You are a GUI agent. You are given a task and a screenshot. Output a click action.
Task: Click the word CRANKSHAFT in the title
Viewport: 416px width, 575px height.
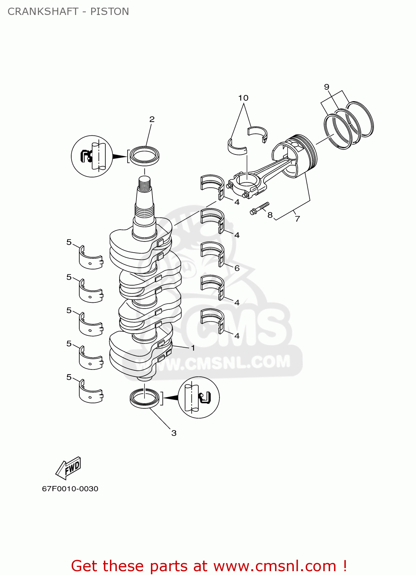pyautogui.click(x=43, y=11)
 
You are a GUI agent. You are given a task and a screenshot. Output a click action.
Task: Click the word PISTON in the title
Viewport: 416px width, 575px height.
pyautogui.click(x=110, y=11)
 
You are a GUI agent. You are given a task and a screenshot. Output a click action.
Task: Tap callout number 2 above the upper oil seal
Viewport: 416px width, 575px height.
pyautogui.click(x=152, y=119)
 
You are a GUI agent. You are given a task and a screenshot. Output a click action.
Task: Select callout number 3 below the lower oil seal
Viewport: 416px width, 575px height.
pyautogui.click(x=174, y=433)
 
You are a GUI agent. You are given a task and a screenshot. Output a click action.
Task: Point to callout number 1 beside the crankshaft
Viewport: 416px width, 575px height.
pyautogui.click(x=193, y=348)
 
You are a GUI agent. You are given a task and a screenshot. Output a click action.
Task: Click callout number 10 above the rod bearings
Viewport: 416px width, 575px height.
pyautogui.click(x=243, y=98)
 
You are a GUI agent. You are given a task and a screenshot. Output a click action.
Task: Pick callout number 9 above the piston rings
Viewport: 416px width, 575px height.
pyautogui.click(x=327, y=87)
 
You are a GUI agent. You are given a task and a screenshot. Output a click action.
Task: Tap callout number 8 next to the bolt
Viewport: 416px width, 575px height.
pyautogui.click(x=270, y=215)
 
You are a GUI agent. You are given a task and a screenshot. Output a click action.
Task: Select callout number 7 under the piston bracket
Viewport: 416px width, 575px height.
pyautogui.click(x=297, y=219)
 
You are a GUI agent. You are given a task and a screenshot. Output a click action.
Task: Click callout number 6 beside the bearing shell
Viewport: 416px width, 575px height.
pyautogui.click(x=237, y=268)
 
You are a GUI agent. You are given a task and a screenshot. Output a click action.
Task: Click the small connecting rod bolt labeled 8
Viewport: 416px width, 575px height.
pyautogui.click(x=259, y=209)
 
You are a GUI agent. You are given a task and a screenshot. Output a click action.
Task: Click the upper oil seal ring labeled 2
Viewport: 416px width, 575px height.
pyautogui.click(x=144, y=156)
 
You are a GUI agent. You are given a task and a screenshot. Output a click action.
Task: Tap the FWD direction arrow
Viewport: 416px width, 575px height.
pyautogui.click(x=69, y=468)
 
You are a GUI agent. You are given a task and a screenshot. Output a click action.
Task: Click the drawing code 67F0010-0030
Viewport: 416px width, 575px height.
pyautogui.click(x=70, y=489)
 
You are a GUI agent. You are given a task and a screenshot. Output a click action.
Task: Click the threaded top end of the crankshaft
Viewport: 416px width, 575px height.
pyautogui.click(x=144, y=184)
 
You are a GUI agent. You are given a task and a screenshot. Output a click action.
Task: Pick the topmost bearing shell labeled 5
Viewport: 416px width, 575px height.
pyautogui.click(x=91, y=258)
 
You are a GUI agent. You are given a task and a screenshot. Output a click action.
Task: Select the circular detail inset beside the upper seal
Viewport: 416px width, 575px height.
pyautogui.click(x=92, y=156)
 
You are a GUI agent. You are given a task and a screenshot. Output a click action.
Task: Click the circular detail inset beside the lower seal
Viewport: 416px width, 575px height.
pyautogui.click(x=199, y=398)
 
